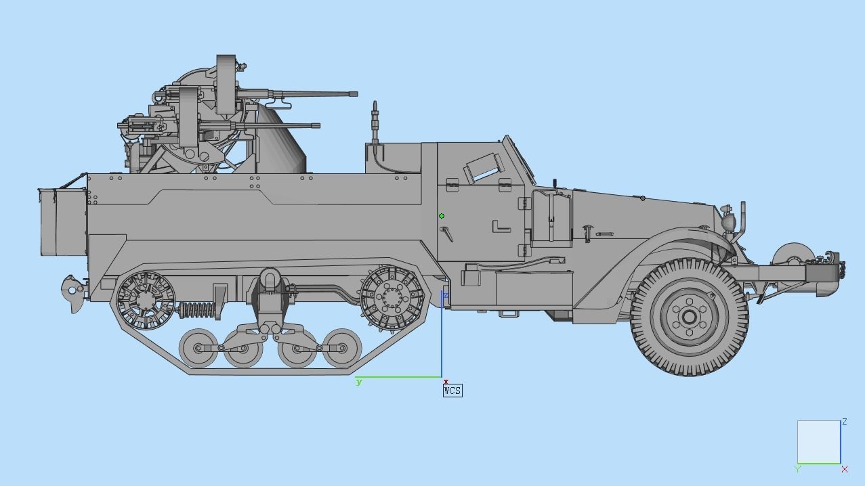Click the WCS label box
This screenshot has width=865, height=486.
452,391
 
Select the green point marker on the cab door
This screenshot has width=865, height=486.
442,216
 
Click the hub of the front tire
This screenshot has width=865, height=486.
690,317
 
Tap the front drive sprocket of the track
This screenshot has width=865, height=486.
392,298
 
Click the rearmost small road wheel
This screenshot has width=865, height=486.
198,348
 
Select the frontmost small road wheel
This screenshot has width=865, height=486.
342,348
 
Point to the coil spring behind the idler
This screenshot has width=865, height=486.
196,311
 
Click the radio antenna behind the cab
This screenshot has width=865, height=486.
375,129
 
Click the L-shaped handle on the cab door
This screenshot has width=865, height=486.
501,227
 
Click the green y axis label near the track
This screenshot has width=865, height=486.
359,382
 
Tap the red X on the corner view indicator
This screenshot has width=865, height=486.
845,469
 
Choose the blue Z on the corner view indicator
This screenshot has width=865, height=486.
845,422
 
